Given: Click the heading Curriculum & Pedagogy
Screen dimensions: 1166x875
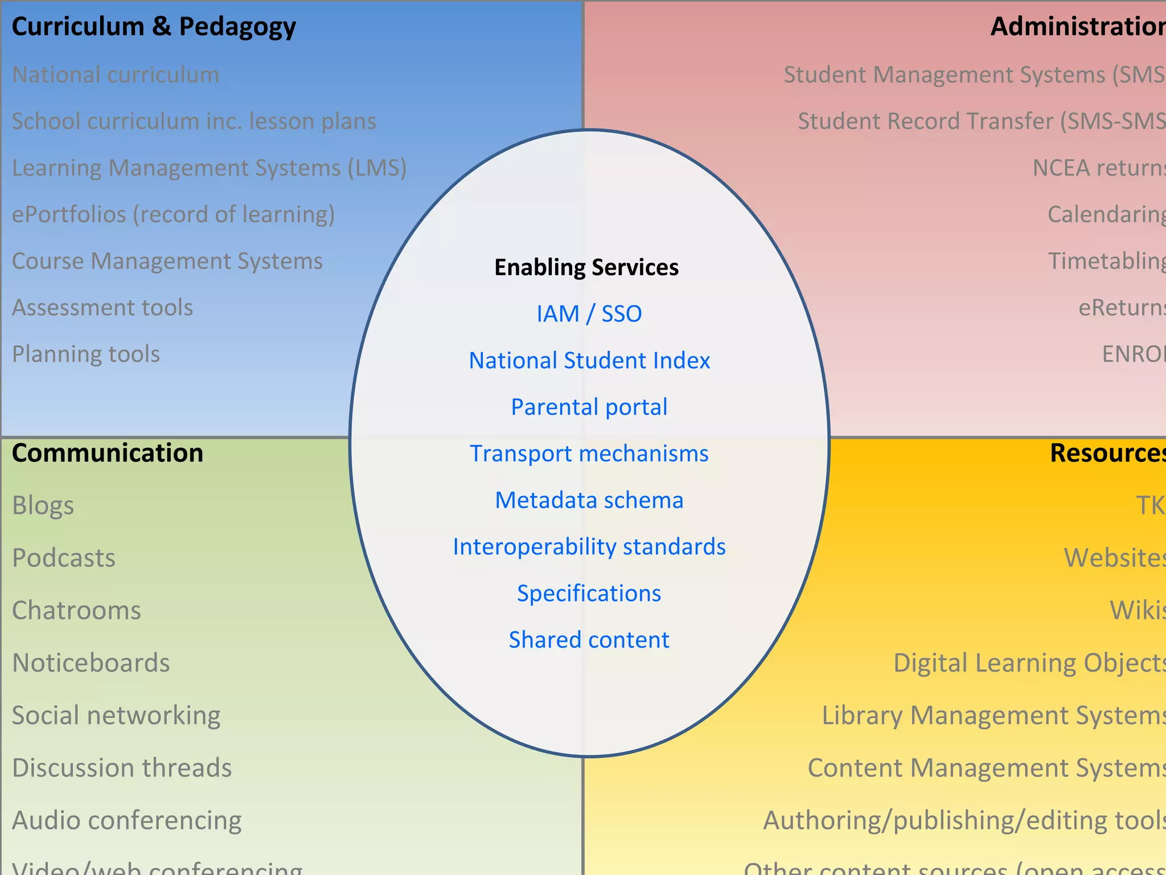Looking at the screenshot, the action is [154, 27].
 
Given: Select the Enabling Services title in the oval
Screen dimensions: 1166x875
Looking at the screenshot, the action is [586, 267].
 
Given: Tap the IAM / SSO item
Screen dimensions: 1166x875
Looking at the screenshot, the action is [589, 314].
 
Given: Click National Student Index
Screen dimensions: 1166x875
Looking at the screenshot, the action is [589, 361].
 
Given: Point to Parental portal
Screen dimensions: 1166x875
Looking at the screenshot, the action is [589, 407].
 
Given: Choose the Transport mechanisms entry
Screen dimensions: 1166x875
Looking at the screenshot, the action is [589, 454].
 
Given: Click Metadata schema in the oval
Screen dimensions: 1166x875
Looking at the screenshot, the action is [589, 500].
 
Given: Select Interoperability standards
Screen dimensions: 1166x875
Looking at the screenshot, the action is [589, 547].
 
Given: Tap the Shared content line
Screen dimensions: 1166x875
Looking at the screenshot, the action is [589, 640].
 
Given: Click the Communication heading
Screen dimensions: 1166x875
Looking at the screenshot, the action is [108, 453].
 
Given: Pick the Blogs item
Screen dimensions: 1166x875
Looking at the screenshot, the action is [43, 506].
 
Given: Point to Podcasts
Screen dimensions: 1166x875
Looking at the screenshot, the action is [64, 558].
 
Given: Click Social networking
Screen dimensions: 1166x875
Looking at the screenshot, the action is [116, 715].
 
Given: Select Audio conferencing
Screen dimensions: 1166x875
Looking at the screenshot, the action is [127, 820].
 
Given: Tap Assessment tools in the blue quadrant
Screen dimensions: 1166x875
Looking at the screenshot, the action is [102, 308].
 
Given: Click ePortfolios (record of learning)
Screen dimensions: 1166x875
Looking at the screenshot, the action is [173, 215].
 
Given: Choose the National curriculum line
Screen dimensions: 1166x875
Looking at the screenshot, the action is [116, 75].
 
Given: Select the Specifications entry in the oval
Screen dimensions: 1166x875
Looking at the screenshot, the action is [589, 594].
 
